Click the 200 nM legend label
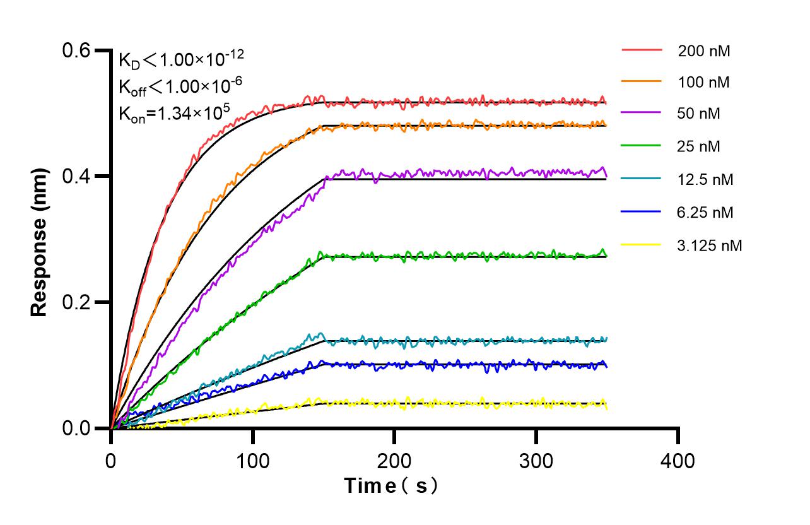point(704,51)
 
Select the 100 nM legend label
point(704,82)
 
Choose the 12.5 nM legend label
point(705,180)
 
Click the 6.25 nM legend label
point(705,213)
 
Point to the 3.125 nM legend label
point(710,245)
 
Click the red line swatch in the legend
point(642,49)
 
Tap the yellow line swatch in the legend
point(642,244)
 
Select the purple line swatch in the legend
point(642,114)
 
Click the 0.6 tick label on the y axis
point(76,50)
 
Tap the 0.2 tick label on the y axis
point(76,302)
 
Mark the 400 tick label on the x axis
point(678,461)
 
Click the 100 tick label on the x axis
point(253,461)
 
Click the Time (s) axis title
point(392,486)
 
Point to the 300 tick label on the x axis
point(536,461)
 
